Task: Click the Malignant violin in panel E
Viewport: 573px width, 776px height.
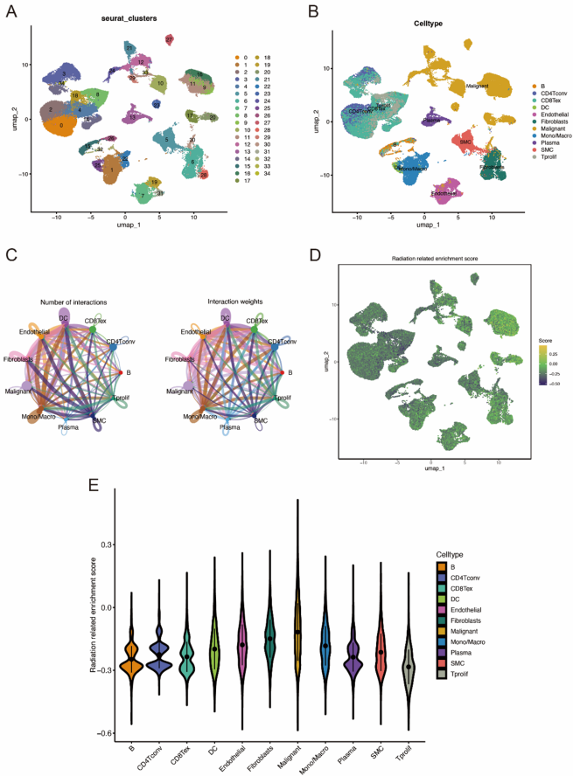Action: point(298,629)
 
